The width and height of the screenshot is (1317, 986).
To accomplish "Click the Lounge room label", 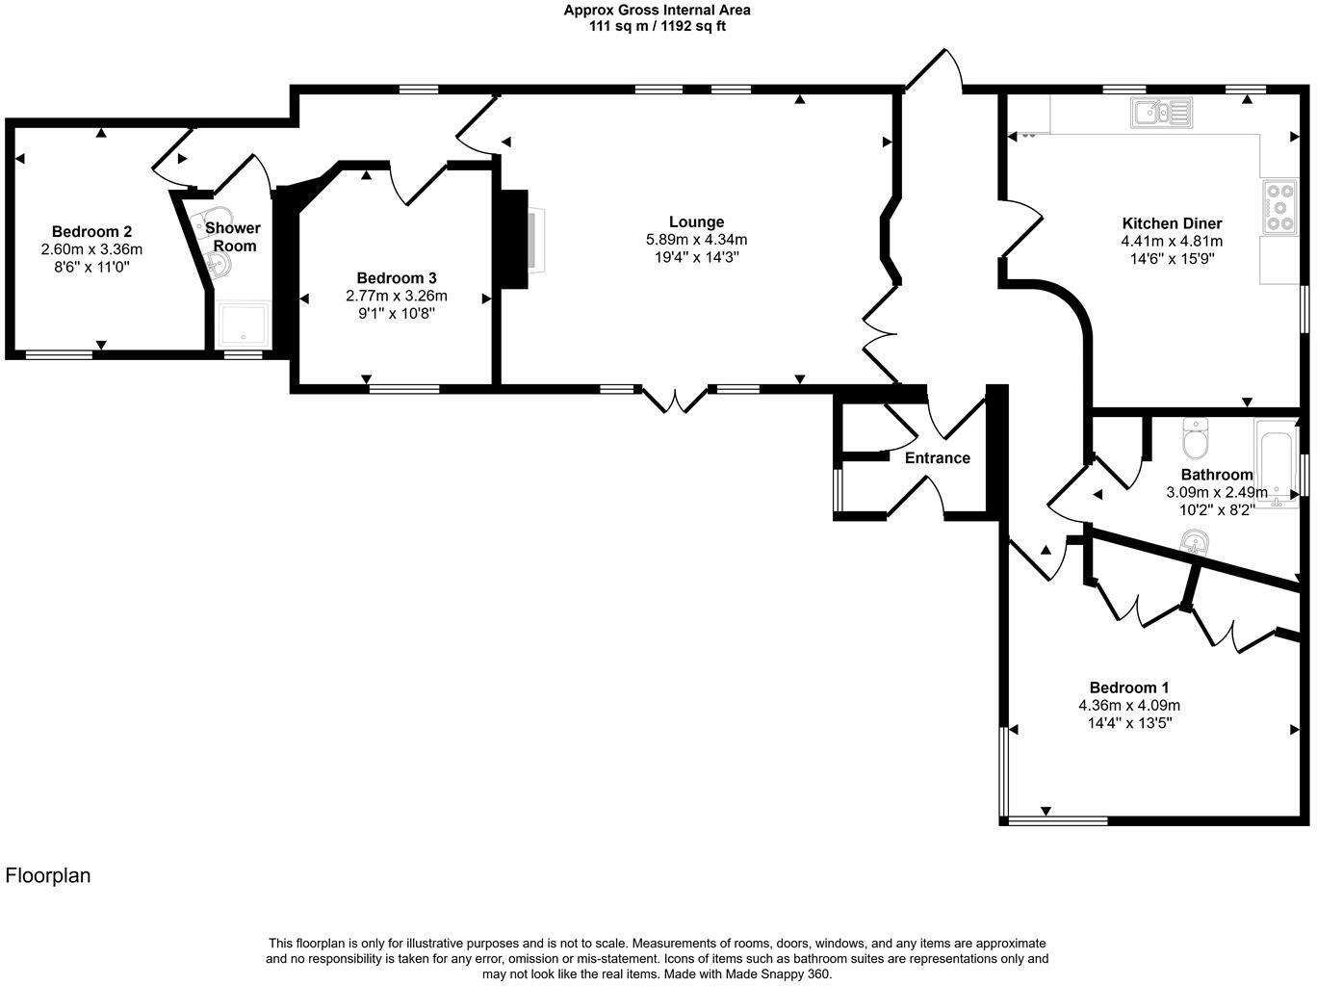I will click(x=696, y=222).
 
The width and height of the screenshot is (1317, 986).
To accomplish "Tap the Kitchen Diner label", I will click(x=1172, y=223).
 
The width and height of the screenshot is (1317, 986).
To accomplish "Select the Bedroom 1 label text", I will click(x=1128, y=688).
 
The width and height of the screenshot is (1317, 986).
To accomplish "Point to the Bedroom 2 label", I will click(x=91, y=231).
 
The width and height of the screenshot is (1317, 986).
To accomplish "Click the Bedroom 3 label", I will click(x=396, y=278).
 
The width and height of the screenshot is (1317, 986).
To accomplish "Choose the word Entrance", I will click(x=937, y=458).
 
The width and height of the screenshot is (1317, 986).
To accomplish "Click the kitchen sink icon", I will click(x=1162, y=113).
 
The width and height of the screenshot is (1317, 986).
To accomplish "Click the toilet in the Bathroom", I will click(x=1195, y=440).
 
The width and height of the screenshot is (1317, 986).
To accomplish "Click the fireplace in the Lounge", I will click(x=532, y=240).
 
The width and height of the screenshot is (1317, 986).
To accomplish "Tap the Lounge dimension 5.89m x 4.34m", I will click(x=696, y=240).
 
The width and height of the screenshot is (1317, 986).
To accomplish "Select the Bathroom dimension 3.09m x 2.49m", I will click(x=1217, y=492).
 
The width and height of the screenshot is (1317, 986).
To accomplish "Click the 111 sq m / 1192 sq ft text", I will click(x=657, y=27).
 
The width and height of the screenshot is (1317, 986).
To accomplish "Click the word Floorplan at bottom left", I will click(x=48, y=875).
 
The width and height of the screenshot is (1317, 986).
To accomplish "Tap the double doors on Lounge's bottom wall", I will click(x=675, y=398).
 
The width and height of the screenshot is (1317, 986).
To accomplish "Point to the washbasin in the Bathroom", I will click(x=1195, y=544).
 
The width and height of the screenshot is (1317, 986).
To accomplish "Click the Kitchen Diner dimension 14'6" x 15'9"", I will click(x=1172, y=258).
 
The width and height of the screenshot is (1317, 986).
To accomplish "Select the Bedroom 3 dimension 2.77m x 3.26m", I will click(x=396, y=296).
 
